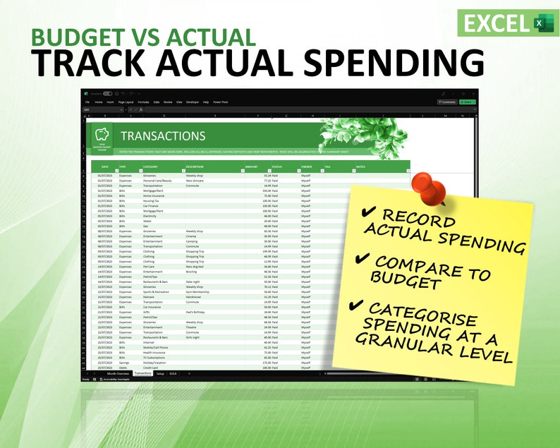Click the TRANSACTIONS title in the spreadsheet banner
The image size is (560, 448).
[x=163, y=136]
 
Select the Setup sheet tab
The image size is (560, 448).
[x=160, y=373]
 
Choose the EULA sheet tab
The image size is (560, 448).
[x=174, y=373]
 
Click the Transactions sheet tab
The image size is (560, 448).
[x=143, y=373]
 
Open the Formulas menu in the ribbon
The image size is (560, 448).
[x=143, y=102]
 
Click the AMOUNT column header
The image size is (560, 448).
[x=252, y=167]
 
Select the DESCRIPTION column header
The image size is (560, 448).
[x=195, y=167]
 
